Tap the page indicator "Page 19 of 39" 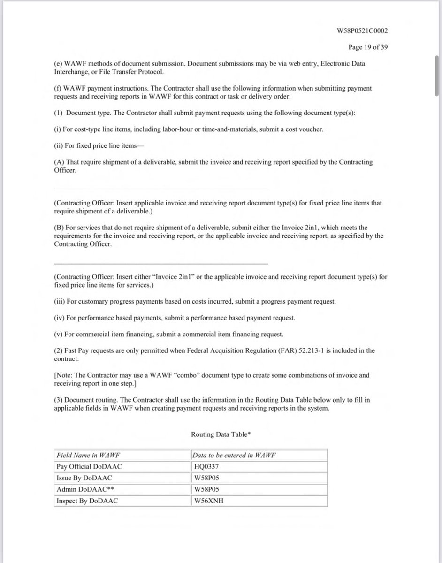(368, 47)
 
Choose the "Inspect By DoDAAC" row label (87, 501)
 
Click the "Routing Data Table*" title (221, 434)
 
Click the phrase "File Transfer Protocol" (116, 72)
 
